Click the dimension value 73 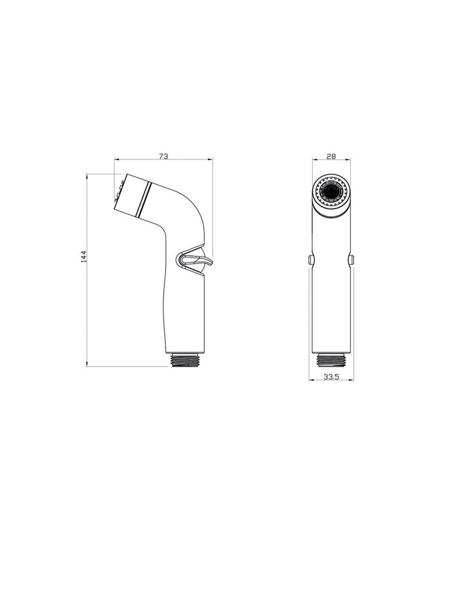click(x=163, y=157)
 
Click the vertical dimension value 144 click(x=84, y=256)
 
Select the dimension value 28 click(x=331, y=157)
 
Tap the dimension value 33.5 click(x=331, y=377)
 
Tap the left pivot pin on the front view click(x=311, y=259)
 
